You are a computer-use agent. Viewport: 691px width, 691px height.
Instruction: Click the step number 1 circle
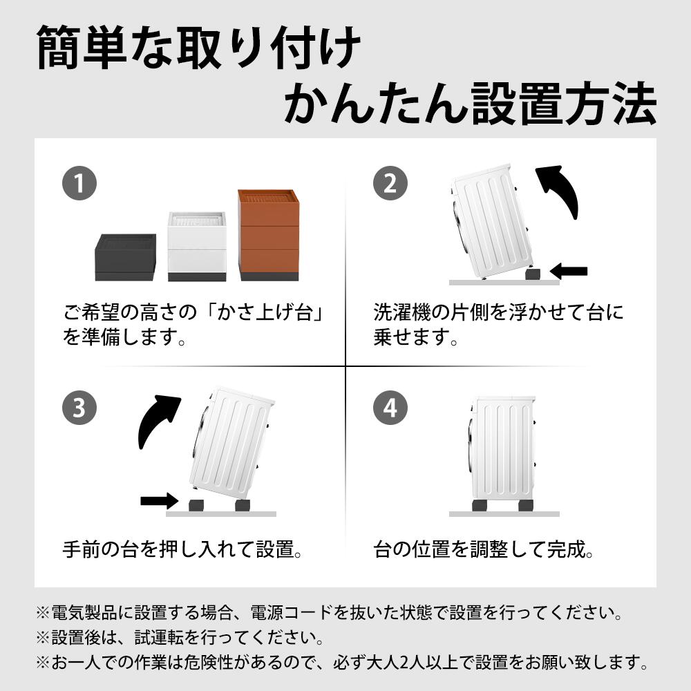pyautogui.click(x=79, y=183)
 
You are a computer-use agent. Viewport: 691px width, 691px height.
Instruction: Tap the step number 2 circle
pyautogui.click(x=390, y=183)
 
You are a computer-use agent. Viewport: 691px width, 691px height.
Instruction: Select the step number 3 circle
pyautogui.click(x=79, y=408)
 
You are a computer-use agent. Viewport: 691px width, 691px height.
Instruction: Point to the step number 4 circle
pyautogui.click(x=390, y=408)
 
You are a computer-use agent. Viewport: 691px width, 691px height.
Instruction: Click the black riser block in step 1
pyautogui.click(x=126, y=257)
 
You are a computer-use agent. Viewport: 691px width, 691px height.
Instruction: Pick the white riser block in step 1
pyautogui.click(x=197, y=247)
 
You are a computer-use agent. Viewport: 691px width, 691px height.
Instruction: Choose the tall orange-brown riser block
pyautogui.click(x=268, y=235)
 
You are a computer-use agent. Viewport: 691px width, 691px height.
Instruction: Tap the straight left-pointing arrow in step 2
pyautogui.click(x=569, y=271)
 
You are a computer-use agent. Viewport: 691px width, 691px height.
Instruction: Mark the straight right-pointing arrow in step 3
pyautogui.click(x=160, y=500)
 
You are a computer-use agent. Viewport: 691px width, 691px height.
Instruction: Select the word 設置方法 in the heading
pyautogui.click(x=564, y=104)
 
